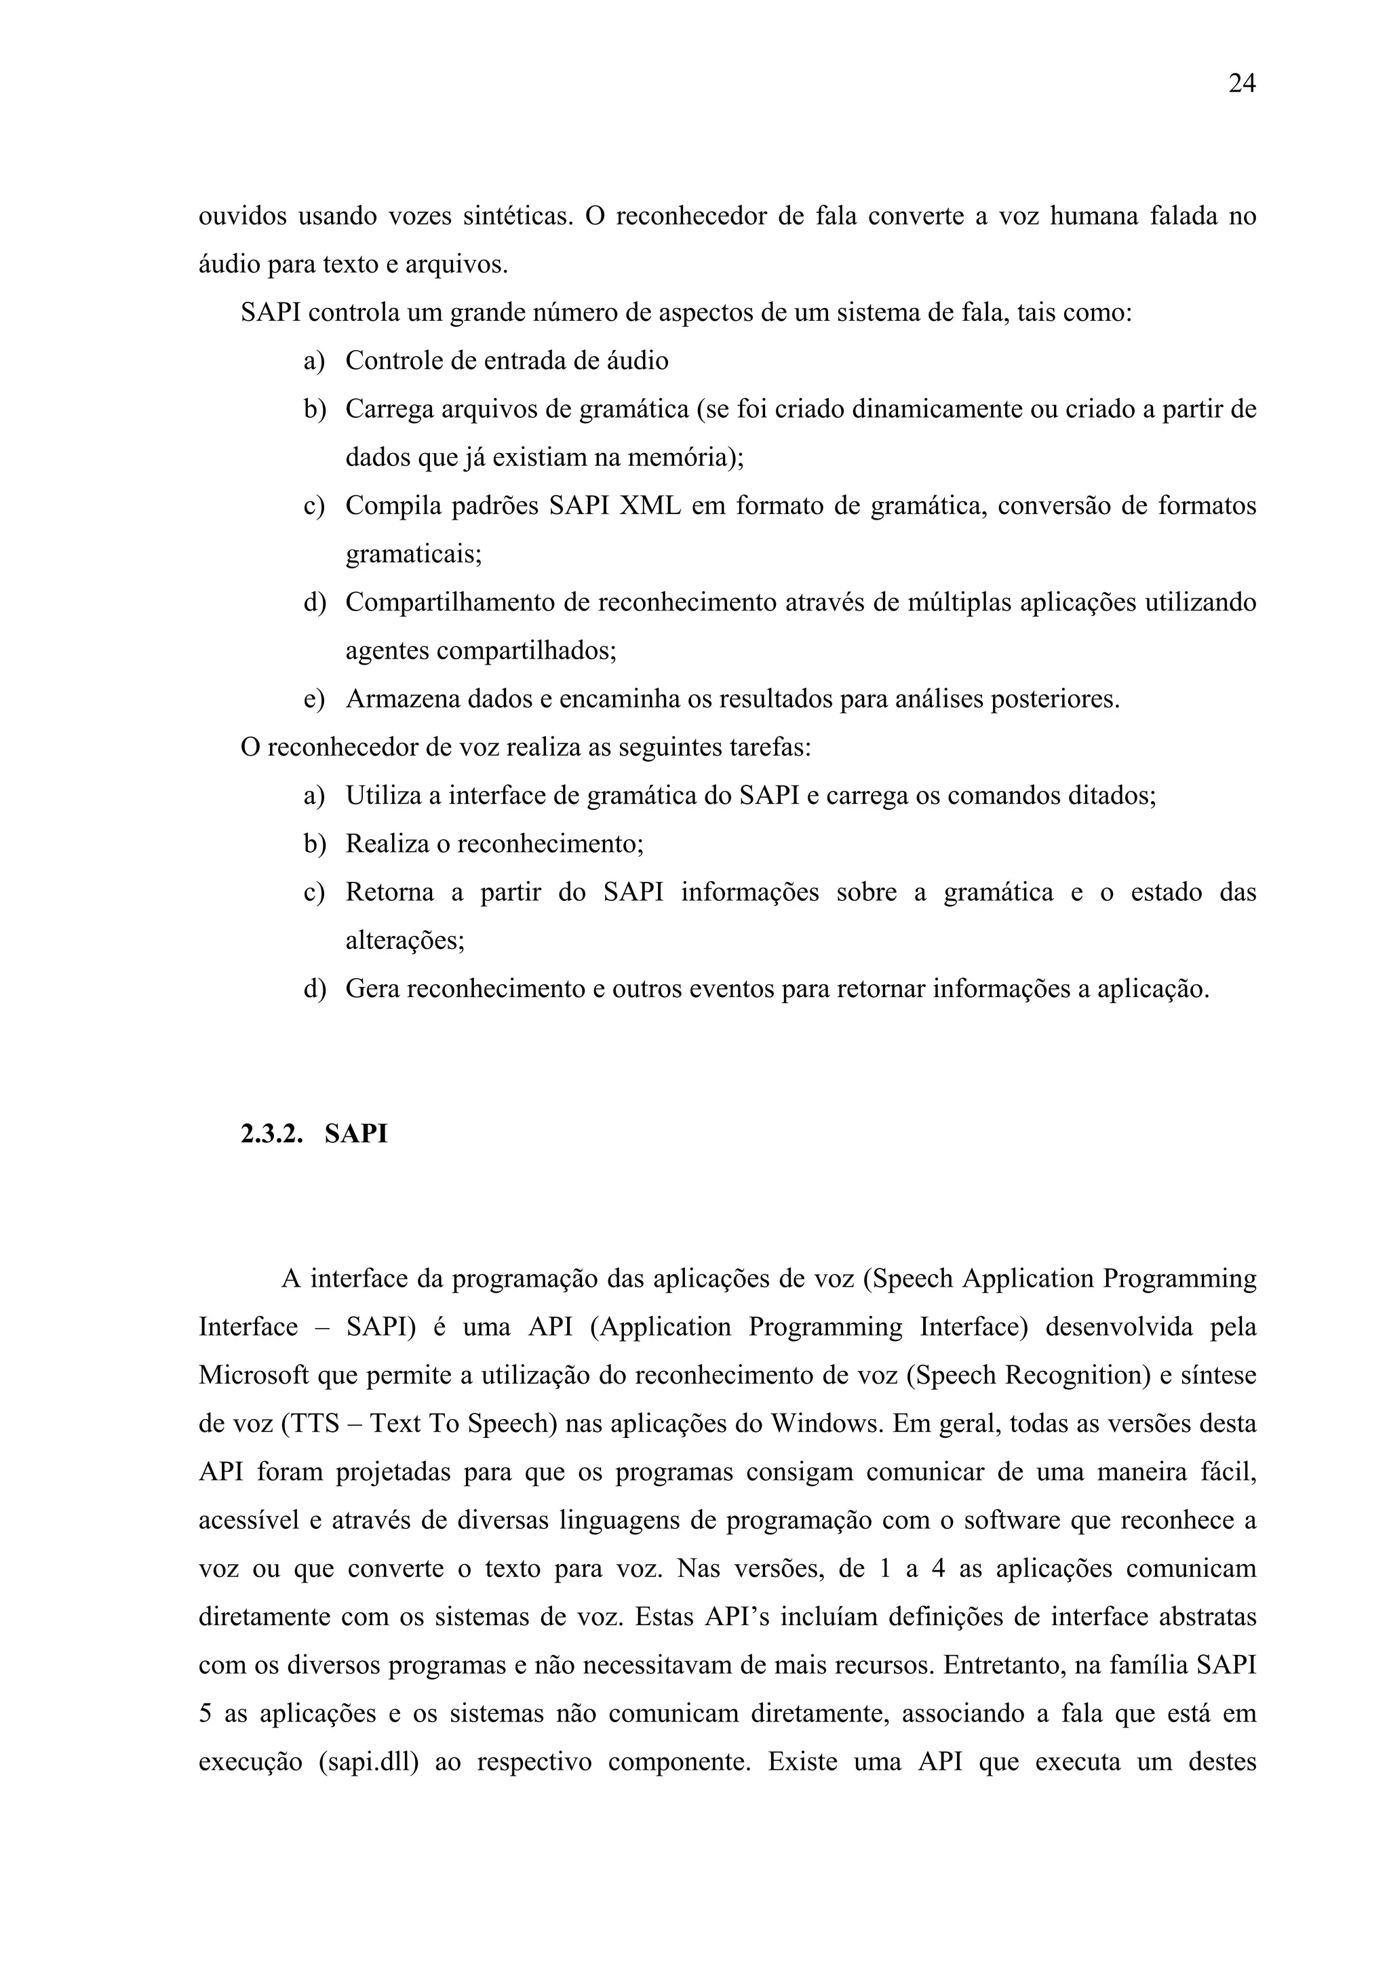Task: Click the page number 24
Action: (1242, 84)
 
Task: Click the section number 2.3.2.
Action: (272, 1134)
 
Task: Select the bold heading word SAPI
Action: (356, 1134)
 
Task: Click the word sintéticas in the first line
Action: (517, 216)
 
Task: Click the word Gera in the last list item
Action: (372, 990)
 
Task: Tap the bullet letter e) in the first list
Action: (314, 699)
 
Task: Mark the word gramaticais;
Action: (413, 555)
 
